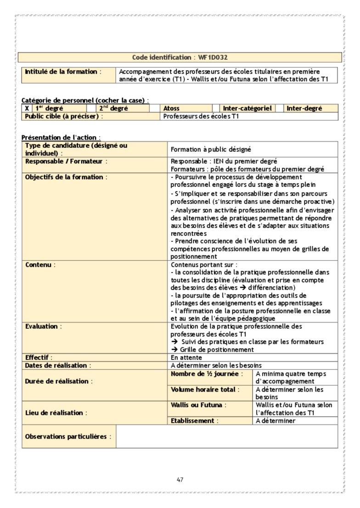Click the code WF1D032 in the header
click(x=213, y=57)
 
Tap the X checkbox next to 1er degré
click(x=27, y=108)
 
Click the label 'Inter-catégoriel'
click(x=247, y=108)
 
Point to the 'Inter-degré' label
click(x=304, y=108)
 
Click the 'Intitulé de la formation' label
click(x=61, y=72)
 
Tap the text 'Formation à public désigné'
click(x=211, y=149)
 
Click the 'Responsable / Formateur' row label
click(x=66, y=161)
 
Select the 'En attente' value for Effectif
click(x=186, y=357)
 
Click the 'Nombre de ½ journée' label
click(x=206, y=374)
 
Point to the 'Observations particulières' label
click(x=68, y=436)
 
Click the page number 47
click(x=180, y=480)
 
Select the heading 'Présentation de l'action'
click(x=61, y=137)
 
